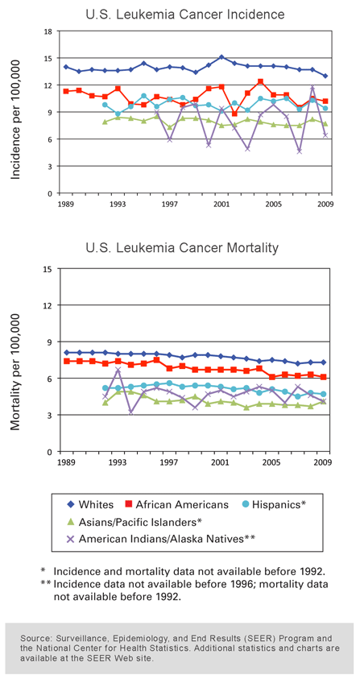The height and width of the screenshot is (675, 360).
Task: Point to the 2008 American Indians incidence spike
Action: tap(312, 88)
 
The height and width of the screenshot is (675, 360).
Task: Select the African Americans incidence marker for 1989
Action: tap(66, 91)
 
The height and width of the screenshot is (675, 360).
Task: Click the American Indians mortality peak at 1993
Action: tap(118, 370)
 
